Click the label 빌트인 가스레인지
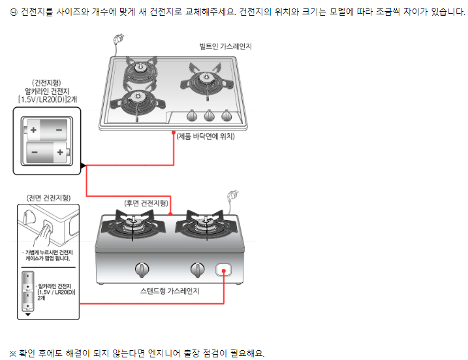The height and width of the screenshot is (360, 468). pyautogui.click(x=226, y=47)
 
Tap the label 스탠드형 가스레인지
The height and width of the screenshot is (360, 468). pyautogui.click(x=170, y=290)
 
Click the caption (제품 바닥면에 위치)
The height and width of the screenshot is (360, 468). pyautogui.click(x=205, y=136)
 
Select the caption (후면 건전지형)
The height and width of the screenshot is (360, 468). pyautogui.click(x=146, y=203)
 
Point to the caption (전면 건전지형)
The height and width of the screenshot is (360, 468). pyautogui.click(x=49, y=197)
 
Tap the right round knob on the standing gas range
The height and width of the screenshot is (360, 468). pyautogui.click(x=197, y=269)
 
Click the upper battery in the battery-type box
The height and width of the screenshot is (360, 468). pyautogui.click(x=46, y=129)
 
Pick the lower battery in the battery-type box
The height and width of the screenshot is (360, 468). pyautogui.click(x=46, y=154)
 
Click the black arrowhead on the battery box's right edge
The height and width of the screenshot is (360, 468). pyautogui.click(x=83, y=166)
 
